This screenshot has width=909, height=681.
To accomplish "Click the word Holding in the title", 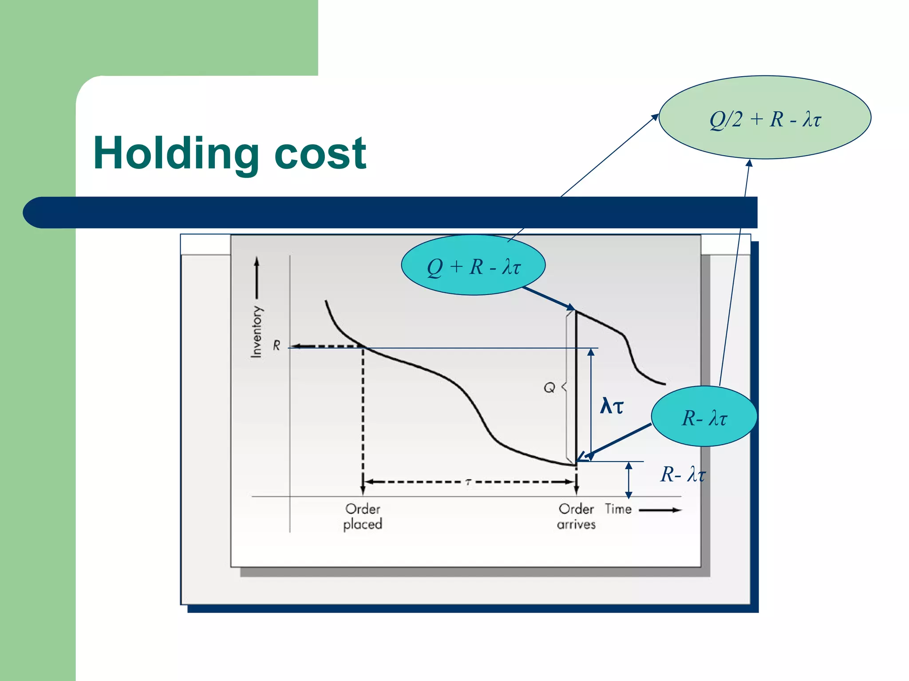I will (176, 154).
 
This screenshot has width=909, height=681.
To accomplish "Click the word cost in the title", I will (320, 154).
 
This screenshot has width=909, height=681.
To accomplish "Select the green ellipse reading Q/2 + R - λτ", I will (765, 118).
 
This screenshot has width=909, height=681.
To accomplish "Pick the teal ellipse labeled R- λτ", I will (704, 417).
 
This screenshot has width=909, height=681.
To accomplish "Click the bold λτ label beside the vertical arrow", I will (612, 406).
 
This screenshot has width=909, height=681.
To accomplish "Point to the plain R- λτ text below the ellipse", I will (683, 474).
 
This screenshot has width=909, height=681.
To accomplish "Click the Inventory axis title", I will (257, 331).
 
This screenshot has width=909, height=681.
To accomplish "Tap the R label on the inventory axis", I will (277, 345).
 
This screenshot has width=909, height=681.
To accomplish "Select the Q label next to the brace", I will (549, 387).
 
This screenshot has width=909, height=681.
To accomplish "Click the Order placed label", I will (363, 517).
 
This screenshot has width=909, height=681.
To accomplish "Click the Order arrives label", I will (576, 517).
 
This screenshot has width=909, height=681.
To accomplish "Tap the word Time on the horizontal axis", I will (618, 509).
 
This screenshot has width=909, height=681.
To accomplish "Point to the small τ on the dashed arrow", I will (468, 482).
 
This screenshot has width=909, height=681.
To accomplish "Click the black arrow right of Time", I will (660, 510).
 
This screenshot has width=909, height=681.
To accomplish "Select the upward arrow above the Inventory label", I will (257, 277).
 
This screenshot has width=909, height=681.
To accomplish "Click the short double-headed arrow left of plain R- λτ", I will (628, 480).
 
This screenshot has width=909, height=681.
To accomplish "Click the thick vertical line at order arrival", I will (576, 386).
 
